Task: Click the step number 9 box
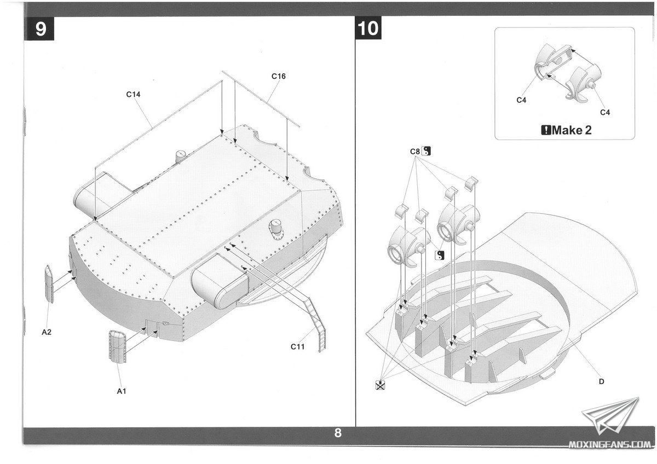(39, 28)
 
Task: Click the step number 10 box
(368, 28)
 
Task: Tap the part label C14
(133, 94)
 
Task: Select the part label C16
(278, 76)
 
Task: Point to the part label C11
(297, 347)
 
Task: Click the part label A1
(122, 391)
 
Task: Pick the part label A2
(47, 332)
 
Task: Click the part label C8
(415, 152)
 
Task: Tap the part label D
(601, 381)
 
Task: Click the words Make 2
(572, 130)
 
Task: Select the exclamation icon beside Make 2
(546, 130)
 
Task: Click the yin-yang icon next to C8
(426, 151)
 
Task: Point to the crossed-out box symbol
(380, 385)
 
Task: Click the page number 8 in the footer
(338, 433)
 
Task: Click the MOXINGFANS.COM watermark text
(609, 445)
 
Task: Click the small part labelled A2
(49, 284)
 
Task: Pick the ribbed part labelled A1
(117, 346)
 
